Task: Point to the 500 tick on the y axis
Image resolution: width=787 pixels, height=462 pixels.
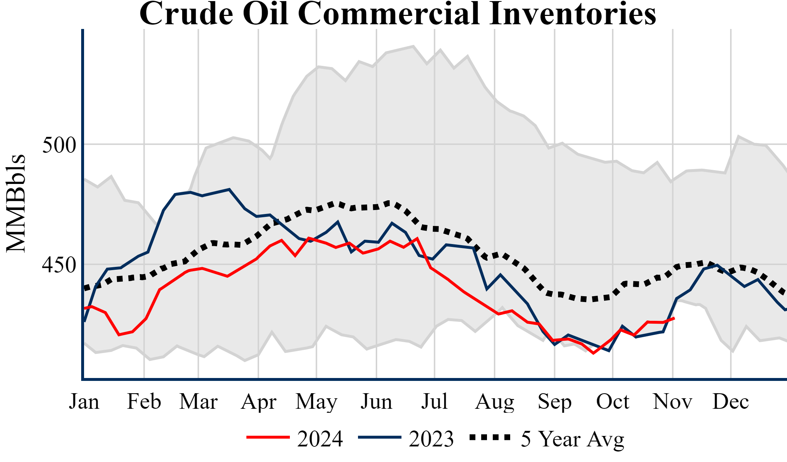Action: pyautogui.click(x=59, y=145)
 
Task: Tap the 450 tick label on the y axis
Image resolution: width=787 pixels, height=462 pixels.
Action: pyautogui.click(x=59, y=265)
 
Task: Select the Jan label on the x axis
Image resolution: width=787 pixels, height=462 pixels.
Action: pyautogui.click(x=84, y=402)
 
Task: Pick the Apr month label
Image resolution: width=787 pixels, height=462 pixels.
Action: pyautogui.click(x=258, y=402)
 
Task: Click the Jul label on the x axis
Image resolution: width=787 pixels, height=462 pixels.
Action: pyautogui.click(x=434, y=402)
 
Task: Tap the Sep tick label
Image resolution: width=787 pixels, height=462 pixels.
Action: pyautogui.click(x=554, y=402)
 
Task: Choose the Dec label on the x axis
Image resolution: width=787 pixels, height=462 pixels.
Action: pyautogui.click(x=730, y=402)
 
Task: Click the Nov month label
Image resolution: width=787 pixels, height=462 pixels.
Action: pyautogui.click(x=673, y=402)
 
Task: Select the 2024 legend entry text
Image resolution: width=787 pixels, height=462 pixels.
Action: pyautogui.click(x=320, y=439)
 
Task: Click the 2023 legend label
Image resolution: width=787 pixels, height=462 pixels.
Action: pyautogui.click(x=431, y=439)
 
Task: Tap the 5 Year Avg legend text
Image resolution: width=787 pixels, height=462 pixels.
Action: pyautogui.click(x=572, y=439)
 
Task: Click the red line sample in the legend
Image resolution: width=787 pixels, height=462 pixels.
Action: pyautogui.click(x=268, y=437)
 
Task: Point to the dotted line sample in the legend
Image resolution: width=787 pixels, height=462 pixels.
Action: pyautogui.click(x=490, y=437)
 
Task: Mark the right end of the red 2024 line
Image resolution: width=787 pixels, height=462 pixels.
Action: pyautogui.click(x=674, y=318)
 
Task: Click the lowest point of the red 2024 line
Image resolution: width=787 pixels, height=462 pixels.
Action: pyautogui.click(x=593, y=353)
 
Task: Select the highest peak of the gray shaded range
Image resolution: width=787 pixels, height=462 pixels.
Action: pyautogui.click(x=413, y=46)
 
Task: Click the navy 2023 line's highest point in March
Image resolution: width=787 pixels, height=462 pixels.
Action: pyautogui.click(x=229, y=189)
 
